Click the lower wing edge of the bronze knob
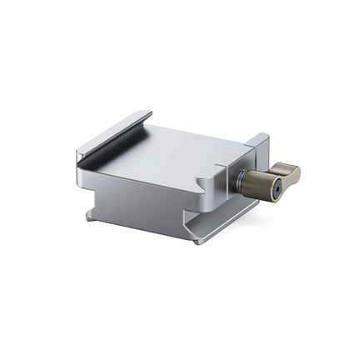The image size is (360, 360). [x=287, y=187]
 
